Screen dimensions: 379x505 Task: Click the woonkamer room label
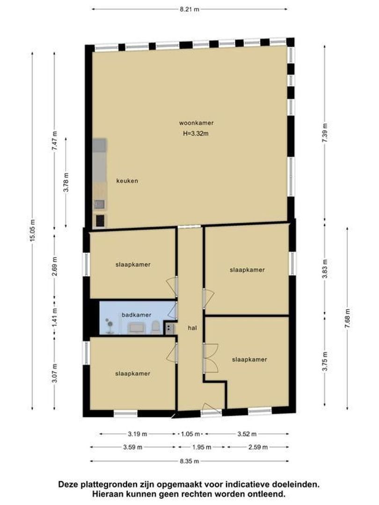coord(196,123)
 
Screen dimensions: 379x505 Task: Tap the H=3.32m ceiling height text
coord(196,133)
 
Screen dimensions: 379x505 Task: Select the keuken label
coord(127,180)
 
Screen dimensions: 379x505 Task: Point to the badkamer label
coord(136,315)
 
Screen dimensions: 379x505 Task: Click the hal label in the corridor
coord(192,328)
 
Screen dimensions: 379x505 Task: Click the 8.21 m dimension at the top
coord(189,9)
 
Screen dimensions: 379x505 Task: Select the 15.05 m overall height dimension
coord(33,231)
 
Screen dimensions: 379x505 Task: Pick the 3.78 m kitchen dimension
coord(66,182)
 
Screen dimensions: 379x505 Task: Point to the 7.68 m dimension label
coord(347,318)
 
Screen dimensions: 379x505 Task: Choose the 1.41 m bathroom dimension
coord(54,317)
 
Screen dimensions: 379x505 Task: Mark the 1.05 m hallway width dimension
coord(190,434)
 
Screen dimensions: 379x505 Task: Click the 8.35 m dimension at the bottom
coord(189,461)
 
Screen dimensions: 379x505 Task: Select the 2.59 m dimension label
coord(258,447)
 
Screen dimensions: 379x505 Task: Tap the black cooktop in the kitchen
coord(100,221)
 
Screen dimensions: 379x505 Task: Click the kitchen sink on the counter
coord(99,204)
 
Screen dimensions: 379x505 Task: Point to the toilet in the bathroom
coord(155,327)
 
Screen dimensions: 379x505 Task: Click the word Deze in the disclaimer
coord(66,484)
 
